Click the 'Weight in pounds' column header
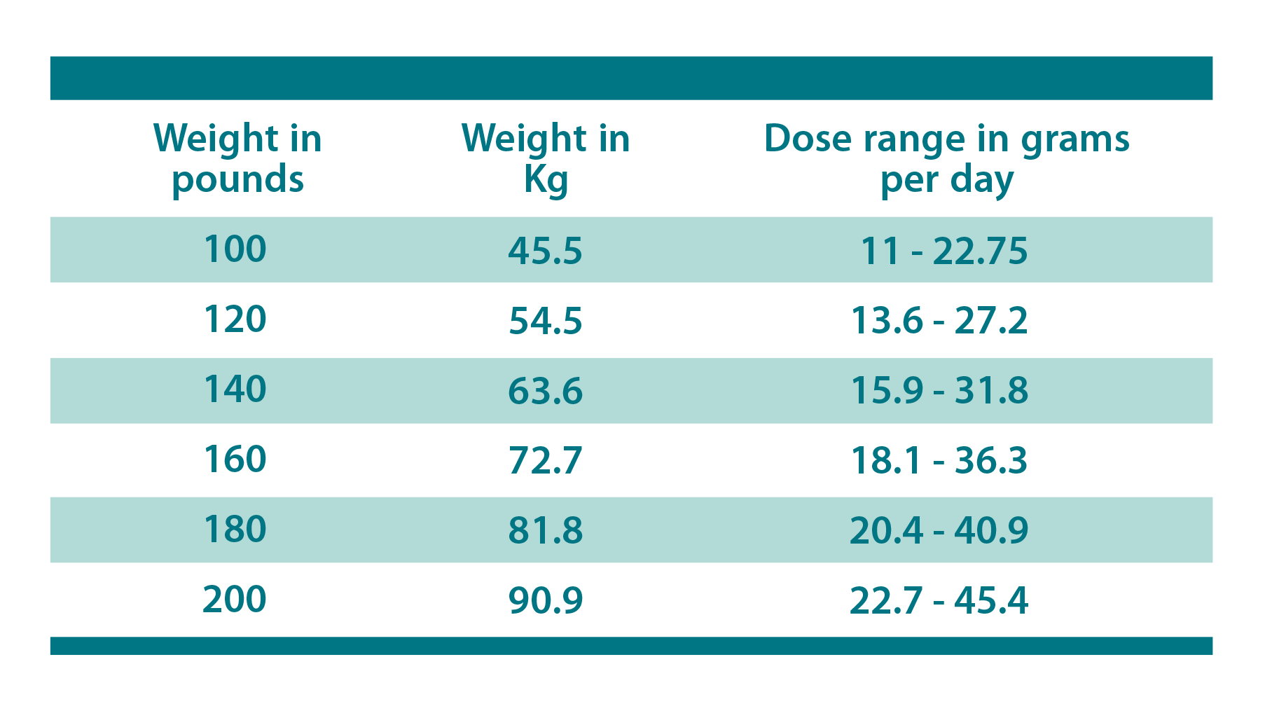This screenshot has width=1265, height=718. coord(237,158)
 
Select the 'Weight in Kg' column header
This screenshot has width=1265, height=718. coord(546,158)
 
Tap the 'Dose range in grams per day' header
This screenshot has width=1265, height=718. coord(946,158)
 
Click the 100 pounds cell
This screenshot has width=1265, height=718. coord(235,249)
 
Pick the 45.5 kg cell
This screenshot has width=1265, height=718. coord(545,251)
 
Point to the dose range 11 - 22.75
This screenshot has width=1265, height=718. coord(943,251)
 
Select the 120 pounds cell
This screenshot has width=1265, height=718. coord(235,319)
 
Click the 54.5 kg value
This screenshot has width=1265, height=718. coord(545,321)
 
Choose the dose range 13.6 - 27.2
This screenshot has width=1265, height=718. coord(939,321)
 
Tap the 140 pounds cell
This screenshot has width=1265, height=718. coord(235,389)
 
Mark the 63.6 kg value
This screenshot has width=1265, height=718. coord(545,391)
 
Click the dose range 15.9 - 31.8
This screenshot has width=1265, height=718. coord(939,391)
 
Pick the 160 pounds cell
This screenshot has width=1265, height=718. coord(235,460)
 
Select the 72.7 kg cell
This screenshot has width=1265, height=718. coord(545,461)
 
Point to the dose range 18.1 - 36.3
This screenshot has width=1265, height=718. coord(939,461)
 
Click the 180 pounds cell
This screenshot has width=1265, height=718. coord(235,530)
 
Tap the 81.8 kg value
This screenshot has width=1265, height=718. coord(545,531)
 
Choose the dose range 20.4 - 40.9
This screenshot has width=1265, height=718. coord(939,531)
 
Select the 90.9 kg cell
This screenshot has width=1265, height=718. coord(545,601)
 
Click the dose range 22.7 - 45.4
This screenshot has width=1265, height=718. coord(939,601)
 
